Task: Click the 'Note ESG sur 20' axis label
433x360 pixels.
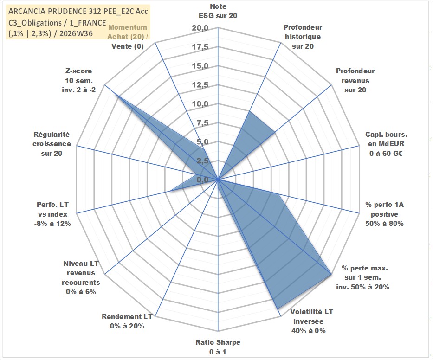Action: [218, 11]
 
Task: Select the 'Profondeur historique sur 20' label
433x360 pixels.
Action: [303, 37]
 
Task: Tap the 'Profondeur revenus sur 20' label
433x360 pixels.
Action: [355, 80]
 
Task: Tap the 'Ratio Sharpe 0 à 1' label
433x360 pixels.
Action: [218, 347]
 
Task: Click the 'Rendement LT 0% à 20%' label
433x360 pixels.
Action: [127, 321]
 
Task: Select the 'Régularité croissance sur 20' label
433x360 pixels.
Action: [52, 144]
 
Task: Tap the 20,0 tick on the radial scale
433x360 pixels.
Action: [200, 28]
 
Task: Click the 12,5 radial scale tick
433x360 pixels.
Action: [200, 85]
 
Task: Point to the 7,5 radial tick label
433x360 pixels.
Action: [202, 123]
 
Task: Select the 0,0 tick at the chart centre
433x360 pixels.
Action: [202, 180]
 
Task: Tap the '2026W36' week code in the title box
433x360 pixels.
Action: [76, 33]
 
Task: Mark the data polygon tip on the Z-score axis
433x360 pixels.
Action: [117, 95]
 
